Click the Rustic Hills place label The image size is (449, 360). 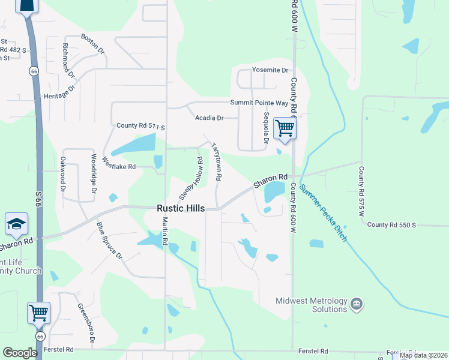(x=181, y=208)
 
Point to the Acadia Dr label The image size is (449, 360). (x=209, y=118)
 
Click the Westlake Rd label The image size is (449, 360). (x=118, y=163)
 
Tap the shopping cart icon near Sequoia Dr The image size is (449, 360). (x=284, y=128)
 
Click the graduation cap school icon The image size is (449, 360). (x=16, y=224)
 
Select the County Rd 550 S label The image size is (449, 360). (x=392, y=224)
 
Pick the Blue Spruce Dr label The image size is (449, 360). (x=110, y=241)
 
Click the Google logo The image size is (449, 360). (x=20, y=353)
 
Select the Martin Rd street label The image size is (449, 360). (x=164, y=232)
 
